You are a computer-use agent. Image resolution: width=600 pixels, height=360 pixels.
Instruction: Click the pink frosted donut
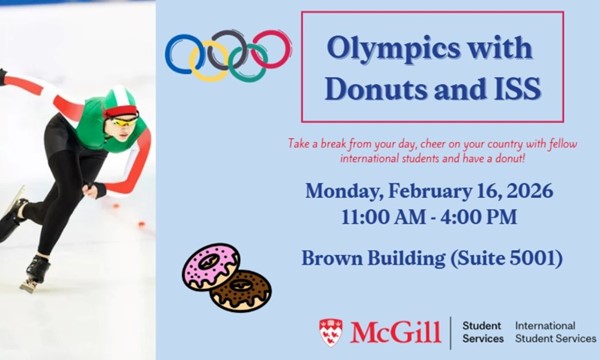click(x=209, y=268)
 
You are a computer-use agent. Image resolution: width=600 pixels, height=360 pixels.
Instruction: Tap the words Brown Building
click(x=371, y=259)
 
